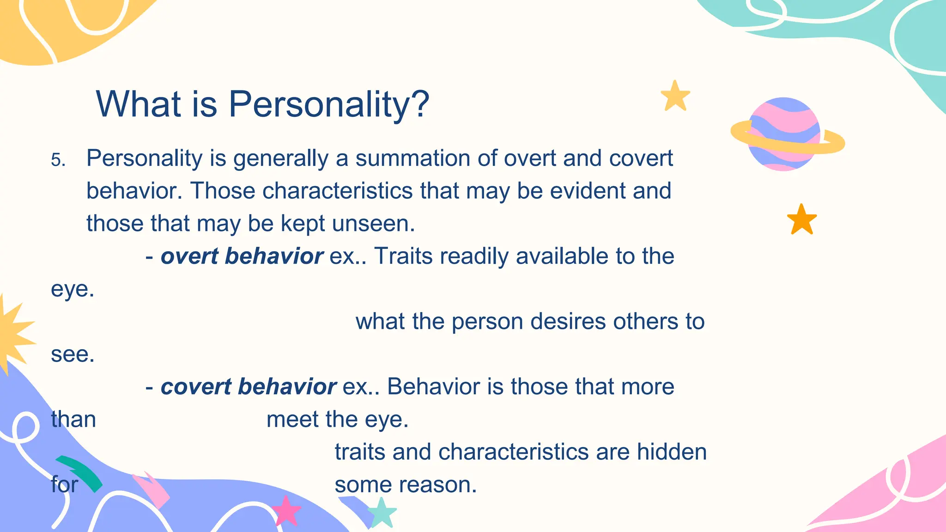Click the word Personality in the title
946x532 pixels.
(x=319, y=104)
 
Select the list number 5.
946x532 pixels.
(x=58, y=160)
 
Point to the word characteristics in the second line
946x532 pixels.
(x=337, y=191)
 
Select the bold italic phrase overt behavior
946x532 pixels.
(x=242, y=256)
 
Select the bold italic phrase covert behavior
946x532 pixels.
(x=248, y=387)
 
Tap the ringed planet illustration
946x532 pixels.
(x=785, y=134)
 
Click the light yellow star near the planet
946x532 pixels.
(x=675, y=96)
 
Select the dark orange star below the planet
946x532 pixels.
(x=801, y=220)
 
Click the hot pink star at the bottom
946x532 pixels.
(x=286, y=511)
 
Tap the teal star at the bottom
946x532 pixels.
(x=382, y=513)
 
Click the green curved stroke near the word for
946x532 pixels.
(x=81, y=472)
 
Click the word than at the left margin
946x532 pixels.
(x=73, y=420)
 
